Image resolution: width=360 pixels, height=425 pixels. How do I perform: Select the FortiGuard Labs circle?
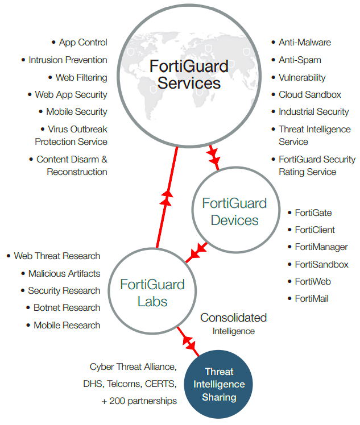[x=144, y=293]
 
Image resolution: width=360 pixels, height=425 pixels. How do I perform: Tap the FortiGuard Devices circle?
[x=234, y=211]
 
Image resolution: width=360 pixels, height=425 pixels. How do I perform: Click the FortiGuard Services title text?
[x=189, y=74]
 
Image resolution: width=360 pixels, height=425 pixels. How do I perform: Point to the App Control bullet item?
[x=82, y=43]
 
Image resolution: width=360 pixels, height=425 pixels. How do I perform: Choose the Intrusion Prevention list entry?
[x=68, y=60]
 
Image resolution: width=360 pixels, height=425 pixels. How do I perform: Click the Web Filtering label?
[x=81, y=77]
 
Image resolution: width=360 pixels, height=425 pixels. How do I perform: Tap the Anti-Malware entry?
[x=304, y=43]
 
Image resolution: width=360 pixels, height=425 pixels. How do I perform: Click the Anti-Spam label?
[x=300, y=60]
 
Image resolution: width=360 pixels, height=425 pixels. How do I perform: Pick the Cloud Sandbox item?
[x=309, y=95]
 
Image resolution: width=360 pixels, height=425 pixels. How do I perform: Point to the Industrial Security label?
[x=313, y=112]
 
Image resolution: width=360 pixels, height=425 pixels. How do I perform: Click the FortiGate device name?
[x=313, y=213]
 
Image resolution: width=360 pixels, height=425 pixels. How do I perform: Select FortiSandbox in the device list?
[x=321, y=264]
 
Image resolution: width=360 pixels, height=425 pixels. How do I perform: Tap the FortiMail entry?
[x=311, y=298]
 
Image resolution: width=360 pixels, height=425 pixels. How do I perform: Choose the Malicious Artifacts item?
[x=64, y=273]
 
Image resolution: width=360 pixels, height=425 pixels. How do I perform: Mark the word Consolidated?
[x=233, y=318]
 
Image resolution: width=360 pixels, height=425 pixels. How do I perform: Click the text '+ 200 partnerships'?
[x=139, y=401]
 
